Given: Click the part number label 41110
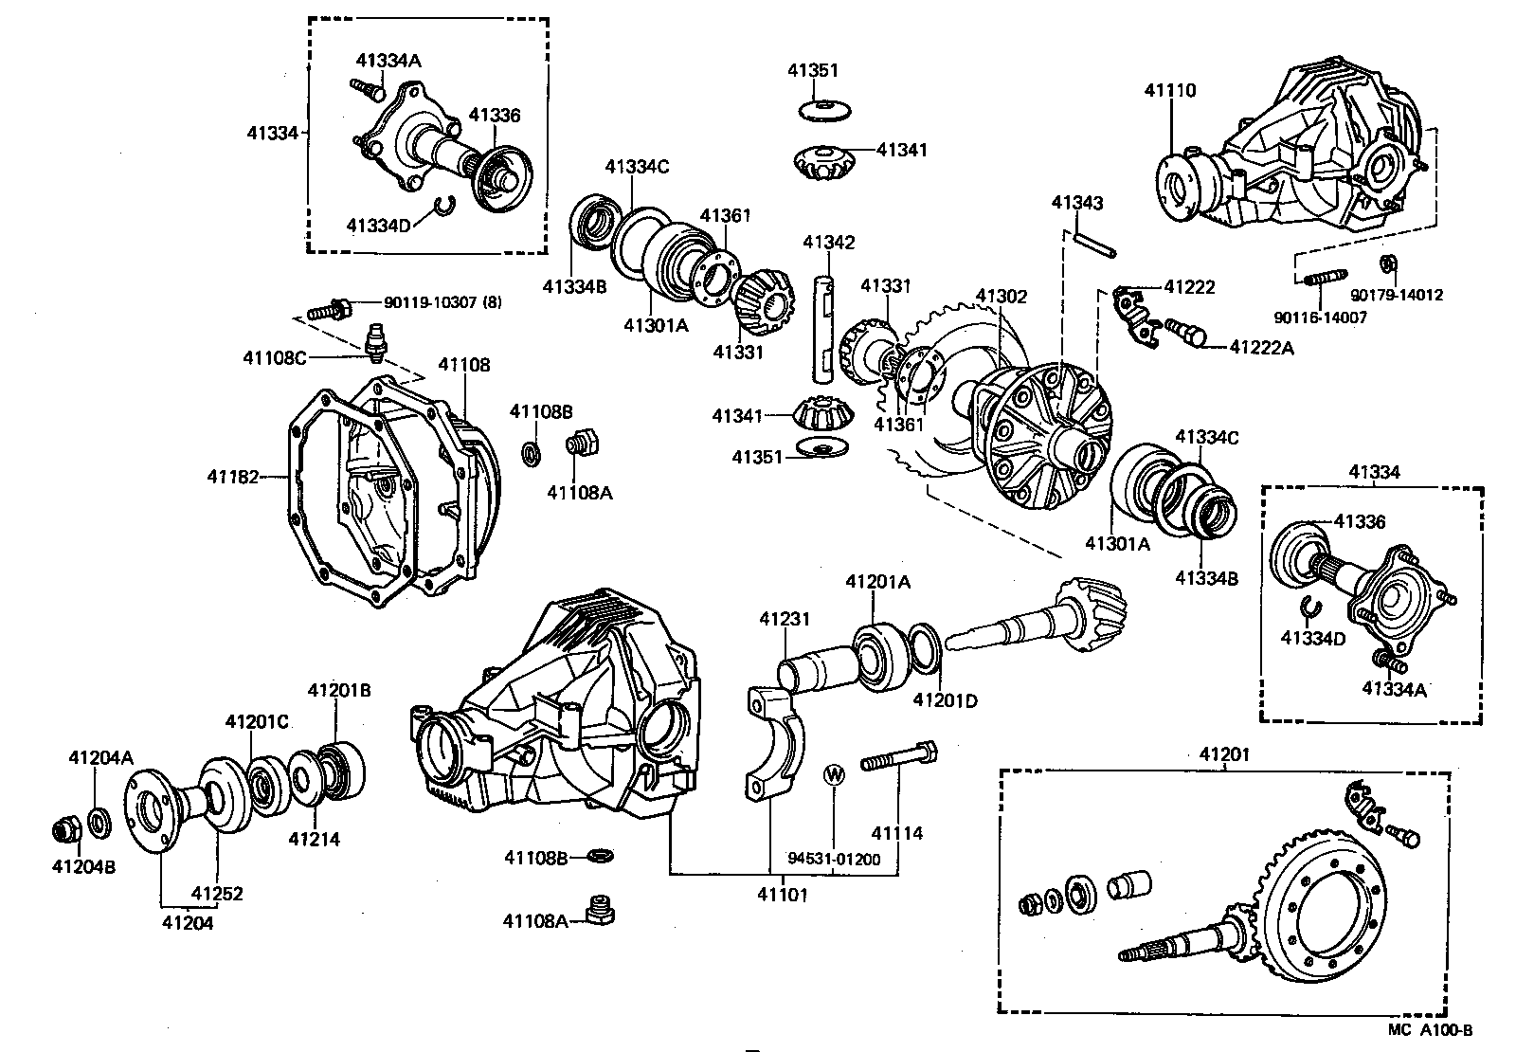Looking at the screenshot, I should point(1170,91).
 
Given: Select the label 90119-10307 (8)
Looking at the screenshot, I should point(443,302).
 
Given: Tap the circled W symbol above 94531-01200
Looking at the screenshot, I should point(834,773).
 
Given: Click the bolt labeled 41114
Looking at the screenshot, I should point(899,759).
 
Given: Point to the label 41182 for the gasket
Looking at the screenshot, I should point(233,477).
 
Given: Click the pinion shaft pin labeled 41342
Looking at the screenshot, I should point(824,327).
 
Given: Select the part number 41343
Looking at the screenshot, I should point(1077,203).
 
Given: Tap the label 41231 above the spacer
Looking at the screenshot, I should point(785,619).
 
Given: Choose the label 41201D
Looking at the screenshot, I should point(945,700).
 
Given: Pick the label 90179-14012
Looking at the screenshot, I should point(1397,295).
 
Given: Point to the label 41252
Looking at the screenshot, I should point(217,893).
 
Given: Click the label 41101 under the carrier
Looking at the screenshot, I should point(783,894).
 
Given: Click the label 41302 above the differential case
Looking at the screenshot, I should point(1002,297).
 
